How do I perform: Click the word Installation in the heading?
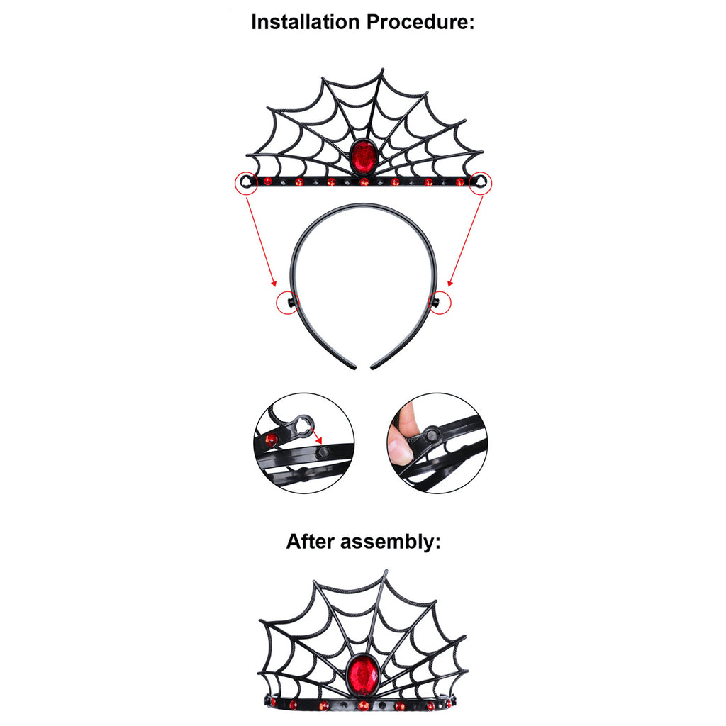[x=305, y=22]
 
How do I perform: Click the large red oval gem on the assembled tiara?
[x=362, y=674]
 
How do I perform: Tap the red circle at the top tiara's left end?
[x=246, y=184]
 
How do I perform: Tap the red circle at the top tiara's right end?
[x=481, y=184]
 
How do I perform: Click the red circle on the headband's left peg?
[x=288, y=303]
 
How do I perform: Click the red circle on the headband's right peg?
[x=439, y=303]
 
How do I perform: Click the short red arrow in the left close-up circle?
[x=315, y=436]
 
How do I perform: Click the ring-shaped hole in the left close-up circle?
[x=303, y=425]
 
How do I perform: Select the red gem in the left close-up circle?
[x=271, y=440]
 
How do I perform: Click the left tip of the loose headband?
[x=354, y=368]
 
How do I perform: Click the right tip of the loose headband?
[x=373, y=368]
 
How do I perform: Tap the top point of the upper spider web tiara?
[x=383, y=70]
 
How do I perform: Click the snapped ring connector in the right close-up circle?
[x=432, y=435]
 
